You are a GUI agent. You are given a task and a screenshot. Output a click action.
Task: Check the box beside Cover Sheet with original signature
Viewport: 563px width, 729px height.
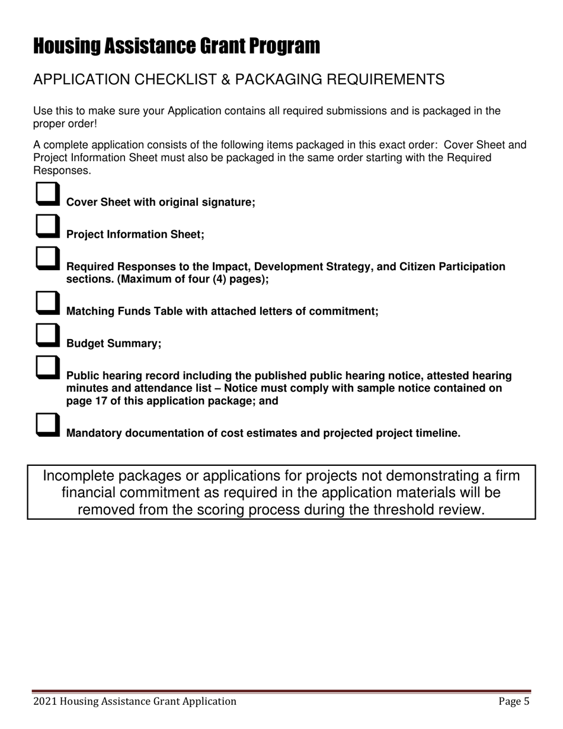47,193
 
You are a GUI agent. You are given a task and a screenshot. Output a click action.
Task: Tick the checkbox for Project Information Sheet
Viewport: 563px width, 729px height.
47,226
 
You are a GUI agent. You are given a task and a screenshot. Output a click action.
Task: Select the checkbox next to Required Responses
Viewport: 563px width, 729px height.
47,258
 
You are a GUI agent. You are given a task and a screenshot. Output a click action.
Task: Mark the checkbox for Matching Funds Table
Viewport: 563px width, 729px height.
47,302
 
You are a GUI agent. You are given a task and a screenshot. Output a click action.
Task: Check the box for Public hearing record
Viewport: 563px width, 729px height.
47,367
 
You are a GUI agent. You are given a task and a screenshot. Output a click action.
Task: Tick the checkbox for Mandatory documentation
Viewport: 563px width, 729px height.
47,424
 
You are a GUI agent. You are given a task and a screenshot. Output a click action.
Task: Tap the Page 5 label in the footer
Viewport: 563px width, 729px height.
513,702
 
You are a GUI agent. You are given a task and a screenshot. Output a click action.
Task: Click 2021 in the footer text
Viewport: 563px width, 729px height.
45,702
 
